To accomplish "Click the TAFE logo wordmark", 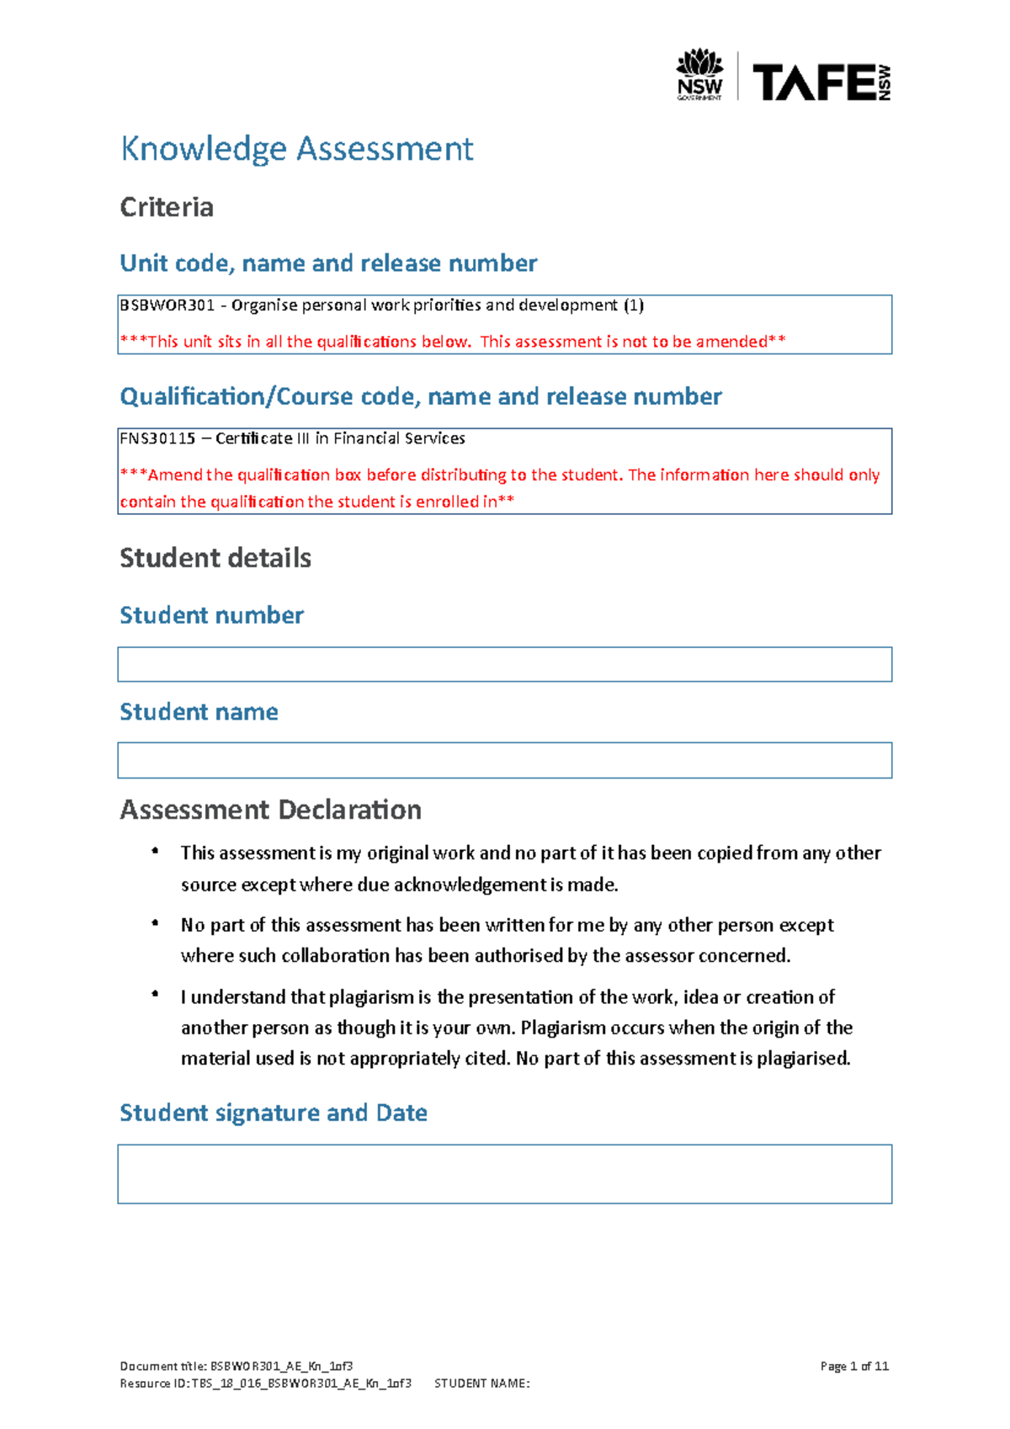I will point(813,82).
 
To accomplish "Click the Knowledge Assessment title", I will point(297,149).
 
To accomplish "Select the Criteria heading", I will point(167,207).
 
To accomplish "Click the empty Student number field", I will point(504,664).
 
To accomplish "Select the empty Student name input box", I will point(504,760).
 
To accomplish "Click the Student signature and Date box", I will point(504,1173).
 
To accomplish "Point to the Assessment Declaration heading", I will point(270,810).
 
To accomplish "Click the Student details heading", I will point(215,558).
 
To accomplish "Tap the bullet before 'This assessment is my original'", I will point(155,852).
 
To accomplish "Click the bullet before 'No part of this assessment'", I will point(155,923).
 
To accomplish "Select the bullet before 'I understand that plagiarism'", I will point(155,995).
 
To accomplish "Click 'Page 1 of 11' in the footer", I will point(854,1366).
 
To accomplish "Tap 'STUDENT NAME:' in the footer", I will point(481,1383).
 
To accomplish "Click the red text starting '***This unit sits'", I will point(453,342).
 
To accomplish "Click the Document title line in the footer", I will point(237,1366).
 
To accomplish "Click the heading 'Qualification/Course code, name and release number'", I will point(421,396).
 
